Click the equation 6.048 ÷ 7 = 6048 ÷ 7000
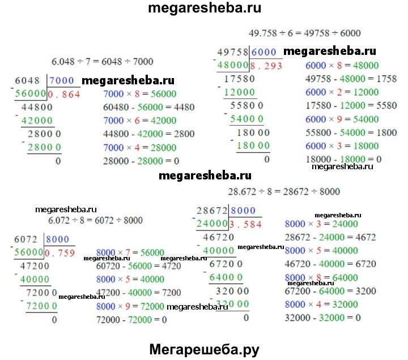101,62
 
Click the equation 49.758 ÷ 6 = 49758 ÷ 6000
304,33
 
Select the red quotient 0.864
65,94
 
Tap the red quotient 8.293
266,65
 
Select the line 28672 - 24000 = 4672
330,237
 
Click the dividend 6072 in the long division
26,239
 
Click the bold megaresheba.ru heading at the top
204,9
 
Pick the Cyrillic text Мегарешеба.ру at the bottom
205,349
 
